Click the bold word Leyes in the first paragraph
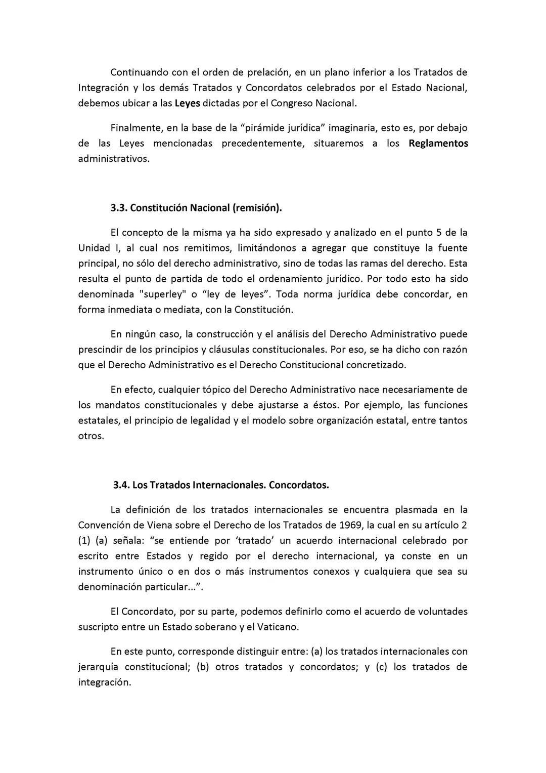coord(188,103)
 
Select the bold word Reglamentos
coord(438,143)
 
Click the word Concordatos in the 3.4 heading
coord(299,485)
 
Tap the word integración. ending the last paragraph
coord(104,682)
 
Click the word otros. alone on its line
coord(91,436)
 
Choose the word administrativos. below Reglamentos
coord(114,159)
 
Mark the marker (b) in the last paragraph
coord(202,667)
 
